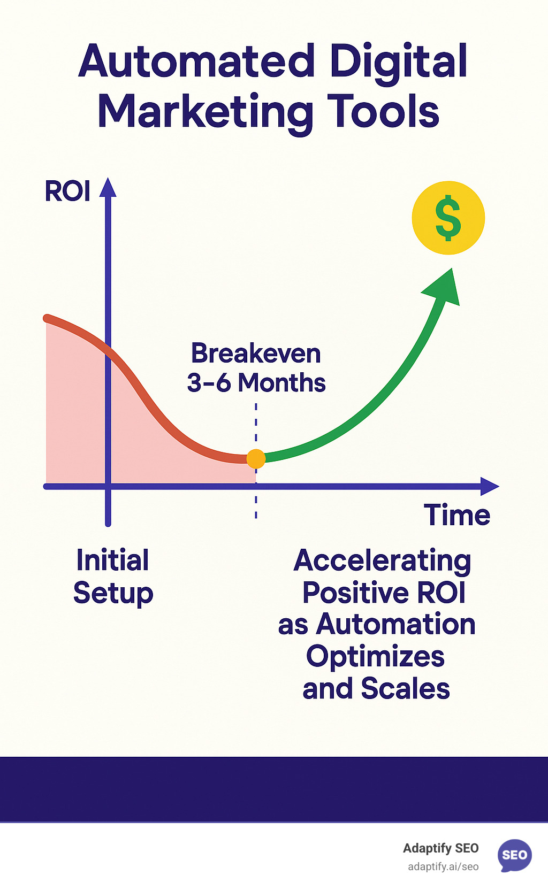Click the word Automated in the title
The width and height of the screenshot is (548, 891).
tap(196, 62)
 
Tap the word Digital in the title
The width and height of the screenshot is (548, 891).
tap(399, 62)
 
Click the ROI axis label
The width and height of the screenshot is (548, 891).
tap(67, 191)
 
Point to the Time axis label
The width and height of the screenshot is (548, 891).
tap(457, 515)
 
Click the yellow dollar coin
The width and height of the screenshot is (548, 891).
tap(448, 218)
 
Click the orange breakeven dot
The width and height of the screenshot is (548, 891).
tap(256, 458)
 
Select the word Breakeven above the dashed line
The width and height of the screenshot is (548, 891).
tap(256, 354)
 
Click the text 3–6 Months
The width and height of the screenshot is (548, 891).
tap(256, 383)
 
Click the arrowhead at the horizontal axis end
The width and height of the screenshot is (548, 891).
tap(489, 486)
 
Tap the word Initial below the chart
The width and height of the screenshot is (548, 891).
tap(112, 560)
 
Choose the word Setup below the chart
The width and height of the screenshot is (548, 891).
tap(113, 593)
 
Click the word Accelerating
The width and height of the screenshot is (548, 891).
tap(382, 561)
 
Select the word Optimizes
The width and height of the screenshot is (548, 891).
tap(375, 657)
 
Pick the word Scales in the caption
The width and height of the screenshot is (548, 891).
tap(405, 688)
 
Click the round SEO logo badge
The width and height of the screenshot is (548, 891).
tap(514, 855)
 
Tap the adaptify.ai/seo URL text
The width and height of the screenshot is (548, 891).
tap(443, 867)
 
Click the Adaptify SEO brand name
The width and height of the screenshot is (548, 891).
tap(440, 848)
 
